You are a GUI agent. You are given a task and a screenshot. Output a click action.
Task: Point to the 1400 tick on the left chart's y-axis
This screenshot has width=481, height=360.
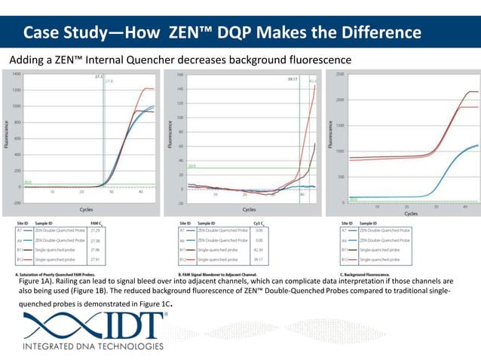(16, 74)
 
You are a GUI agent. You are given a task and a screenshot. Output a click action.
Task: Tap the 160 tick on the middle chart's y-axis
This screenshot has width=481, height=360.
(179, 75)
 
